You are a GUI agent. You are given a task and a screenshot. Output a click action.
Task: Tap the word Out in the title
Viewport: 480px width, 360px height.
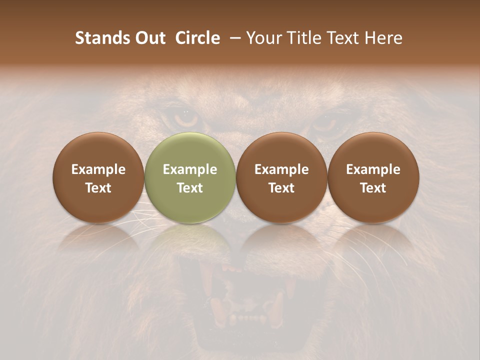point(148,38)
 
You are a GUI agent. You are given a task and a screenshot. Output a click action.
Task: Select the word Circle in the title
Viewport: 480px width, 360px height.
point(197,38)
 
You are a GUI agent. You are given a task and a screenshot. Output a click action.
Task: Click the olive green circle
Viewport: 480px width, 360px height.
point(190,177)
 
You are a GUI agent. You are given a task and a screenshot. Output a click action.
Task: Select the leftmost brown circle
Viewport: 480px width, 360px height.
point(98,177)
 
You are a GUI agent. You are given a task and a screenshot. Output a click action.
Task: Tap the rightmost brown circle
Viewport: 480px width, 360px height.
point(373,177)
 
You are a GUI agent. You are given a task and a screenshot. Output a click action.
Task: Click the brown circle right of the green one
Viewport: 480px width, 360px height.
point(281,177)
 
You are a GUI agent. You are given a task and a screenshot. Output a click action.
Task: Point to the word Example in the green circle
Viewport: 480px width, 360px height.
point(190,169)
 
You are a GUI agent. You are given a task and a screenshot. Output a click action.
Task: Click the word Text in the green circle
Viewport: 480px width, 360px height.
point(190,188)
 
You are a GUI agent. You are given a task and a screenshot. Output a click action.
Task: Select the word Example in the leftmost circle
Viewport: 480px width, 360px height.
point(98,169)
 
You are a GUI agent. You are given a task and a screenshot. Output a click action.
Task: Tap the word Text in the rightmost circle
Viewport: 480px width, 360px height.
point(373,188)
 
